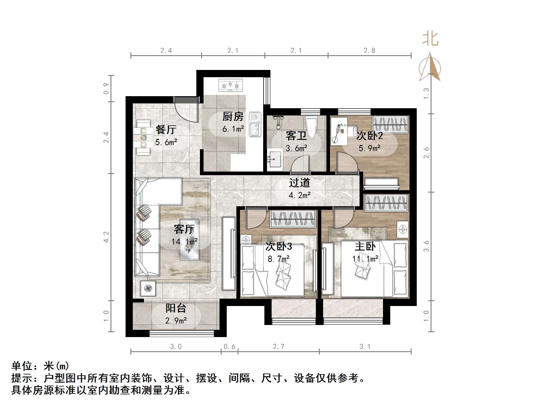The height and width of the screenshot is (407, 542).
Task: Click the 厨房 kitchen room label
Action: click(x=233, y=116)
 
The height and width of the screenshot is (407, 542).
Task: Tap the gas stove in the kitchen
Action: click(x=230, y=86)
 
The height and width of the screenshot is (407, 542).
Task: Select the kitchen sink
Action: click(x=255, y=124)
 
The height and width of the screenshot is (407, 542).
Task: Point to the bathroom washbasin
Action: click(x=275, y=159)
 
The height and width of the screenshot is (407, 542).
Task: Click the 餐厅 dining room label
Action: click(x=166, y=130)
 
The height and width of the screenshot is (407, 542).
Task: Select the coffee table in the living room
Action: click(x=189, y=239)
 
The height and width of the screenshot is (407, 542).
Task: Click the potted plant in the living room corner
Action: click(x=148, y=289)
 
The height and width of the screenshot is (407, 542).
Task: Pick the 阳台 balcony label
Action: click(x=176, y=308)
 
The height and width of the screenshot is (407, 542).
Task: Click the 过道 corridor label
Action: click(x=299, y=183)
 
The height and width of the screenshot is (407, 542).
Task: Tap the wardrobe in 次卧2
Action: click(x=391, y=124)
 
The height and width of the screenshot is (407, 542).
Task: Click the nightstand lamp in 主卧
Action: click(x=403, y=230)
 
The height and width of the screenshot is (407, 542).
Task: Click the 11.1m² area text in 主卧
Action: click(x=365, y=259)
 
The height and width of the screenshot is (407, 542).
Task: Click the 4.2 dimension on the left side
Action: click(x=106, y=237)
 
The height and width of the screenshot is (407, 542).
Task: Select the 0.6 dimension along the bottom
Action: click(x=229, y=347)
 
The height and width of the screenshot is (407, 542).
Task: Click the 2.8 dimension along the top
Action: click(x=369, y=51)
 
